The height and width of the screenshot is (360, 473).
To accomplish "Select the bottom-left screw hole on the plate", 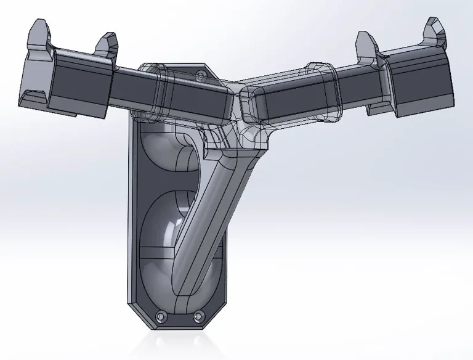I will (x=162, y=316).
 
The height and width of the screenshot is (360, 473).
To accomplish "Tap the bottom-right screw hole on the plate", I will (x=198, y=317).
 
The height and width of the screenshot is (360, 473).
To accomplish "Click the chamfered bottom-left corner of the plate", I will (x=138, y=317).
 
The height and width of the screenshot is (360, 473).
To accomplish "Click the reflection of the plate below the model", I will (x=179, y=342).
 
